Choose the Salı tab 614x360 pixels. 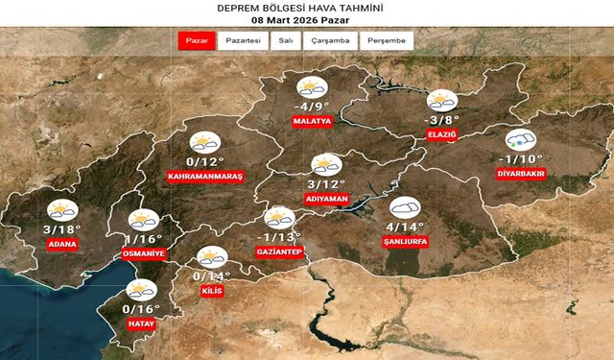pyautogui.click(x=285, y=41)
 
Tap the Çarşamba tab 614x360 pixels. pyautogui.click(x=332, y=41)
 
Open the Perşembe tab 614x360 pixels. pyautogui.click(x=389, y=41)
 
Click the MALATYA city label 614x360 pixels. pyautogui.click(x=313, y=122)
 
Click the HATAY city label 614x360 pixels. pyautogui.click(x=141, y=324)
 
